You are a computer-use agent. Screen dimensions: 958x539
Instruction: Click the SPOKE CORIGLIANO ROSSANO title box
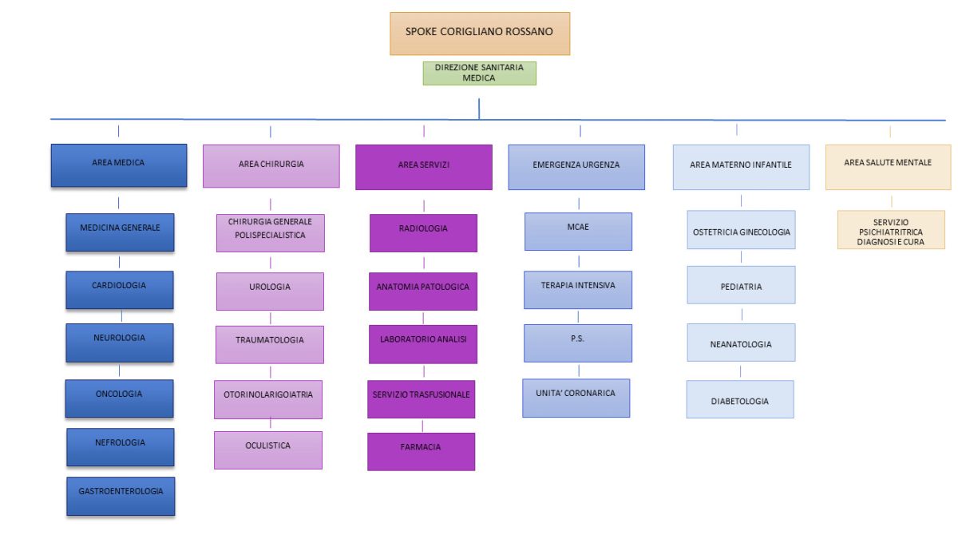click(x=480, y=34)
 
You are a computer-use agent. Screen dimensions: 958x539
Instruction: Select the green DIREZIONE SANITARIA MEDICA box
click(x=480, y=73)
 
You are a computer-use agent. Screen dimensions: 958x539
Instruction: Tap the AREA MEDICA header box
click(x=119, y=165)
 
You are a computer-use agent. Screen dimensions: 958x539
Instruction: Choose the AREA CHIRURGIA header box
click(x=271, y=166)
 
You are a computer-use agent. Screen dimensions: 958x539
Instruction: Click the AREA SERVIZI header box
click(x=424, y=167)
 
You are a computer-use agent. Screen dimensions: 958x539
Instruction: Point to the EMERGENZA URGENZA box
click(x=576, y=167)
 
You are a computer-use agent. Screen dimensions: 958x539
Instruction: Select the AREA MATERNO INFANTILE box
click(x=741, y=167)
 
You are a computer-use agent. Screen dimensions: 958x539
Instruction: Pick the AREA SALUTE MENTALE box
click(x=889, y=167)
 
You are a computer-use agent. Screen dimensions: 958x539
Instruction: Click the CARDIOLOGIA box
click(x=120, y=290)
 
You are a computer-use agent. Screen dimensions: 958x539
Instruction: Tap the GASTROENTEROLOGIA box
click(x=121, y=496)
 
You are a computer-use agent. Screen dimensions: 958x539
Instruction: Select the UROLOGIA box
click(x=270, y=291)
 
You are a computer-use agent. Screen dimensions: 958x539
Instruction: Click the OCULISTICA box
click(x=268, y=450)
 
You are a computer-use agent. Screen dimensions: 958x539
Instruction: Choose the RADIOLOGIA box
click(x=423, y=233)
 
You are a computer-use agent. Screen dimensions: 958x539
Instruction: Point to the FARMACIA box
click(x=421, y=452)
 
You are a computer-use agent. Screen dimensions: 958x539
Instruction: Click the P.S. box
click(x=578, y=343)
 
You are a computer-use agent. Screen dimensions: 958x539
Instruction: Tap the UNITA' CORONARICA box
click(x=576, y=398)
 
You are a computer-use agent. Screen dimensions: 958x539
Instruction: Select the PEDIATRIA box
click(x=741, y=285)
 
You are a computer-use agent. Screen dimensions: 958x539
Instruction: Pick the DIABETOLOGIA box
click(x=740, y=399)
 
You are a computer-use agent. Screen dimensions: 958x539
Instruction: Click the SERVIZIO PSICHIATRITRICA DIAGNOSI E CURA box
click(x=891, y=230)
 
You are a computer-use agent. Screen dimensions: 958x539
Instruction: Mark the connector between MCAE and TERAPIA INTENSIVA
click(x=579, y=261)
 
